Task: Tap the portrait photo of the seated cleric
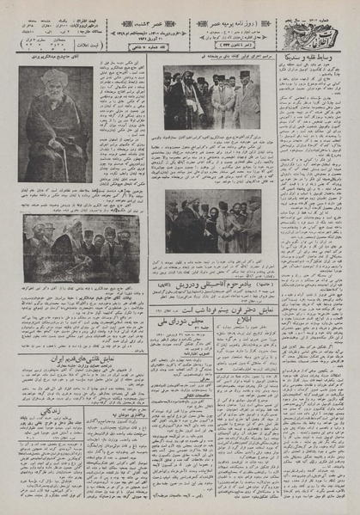pyautogui.click(x=55, y=124)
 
